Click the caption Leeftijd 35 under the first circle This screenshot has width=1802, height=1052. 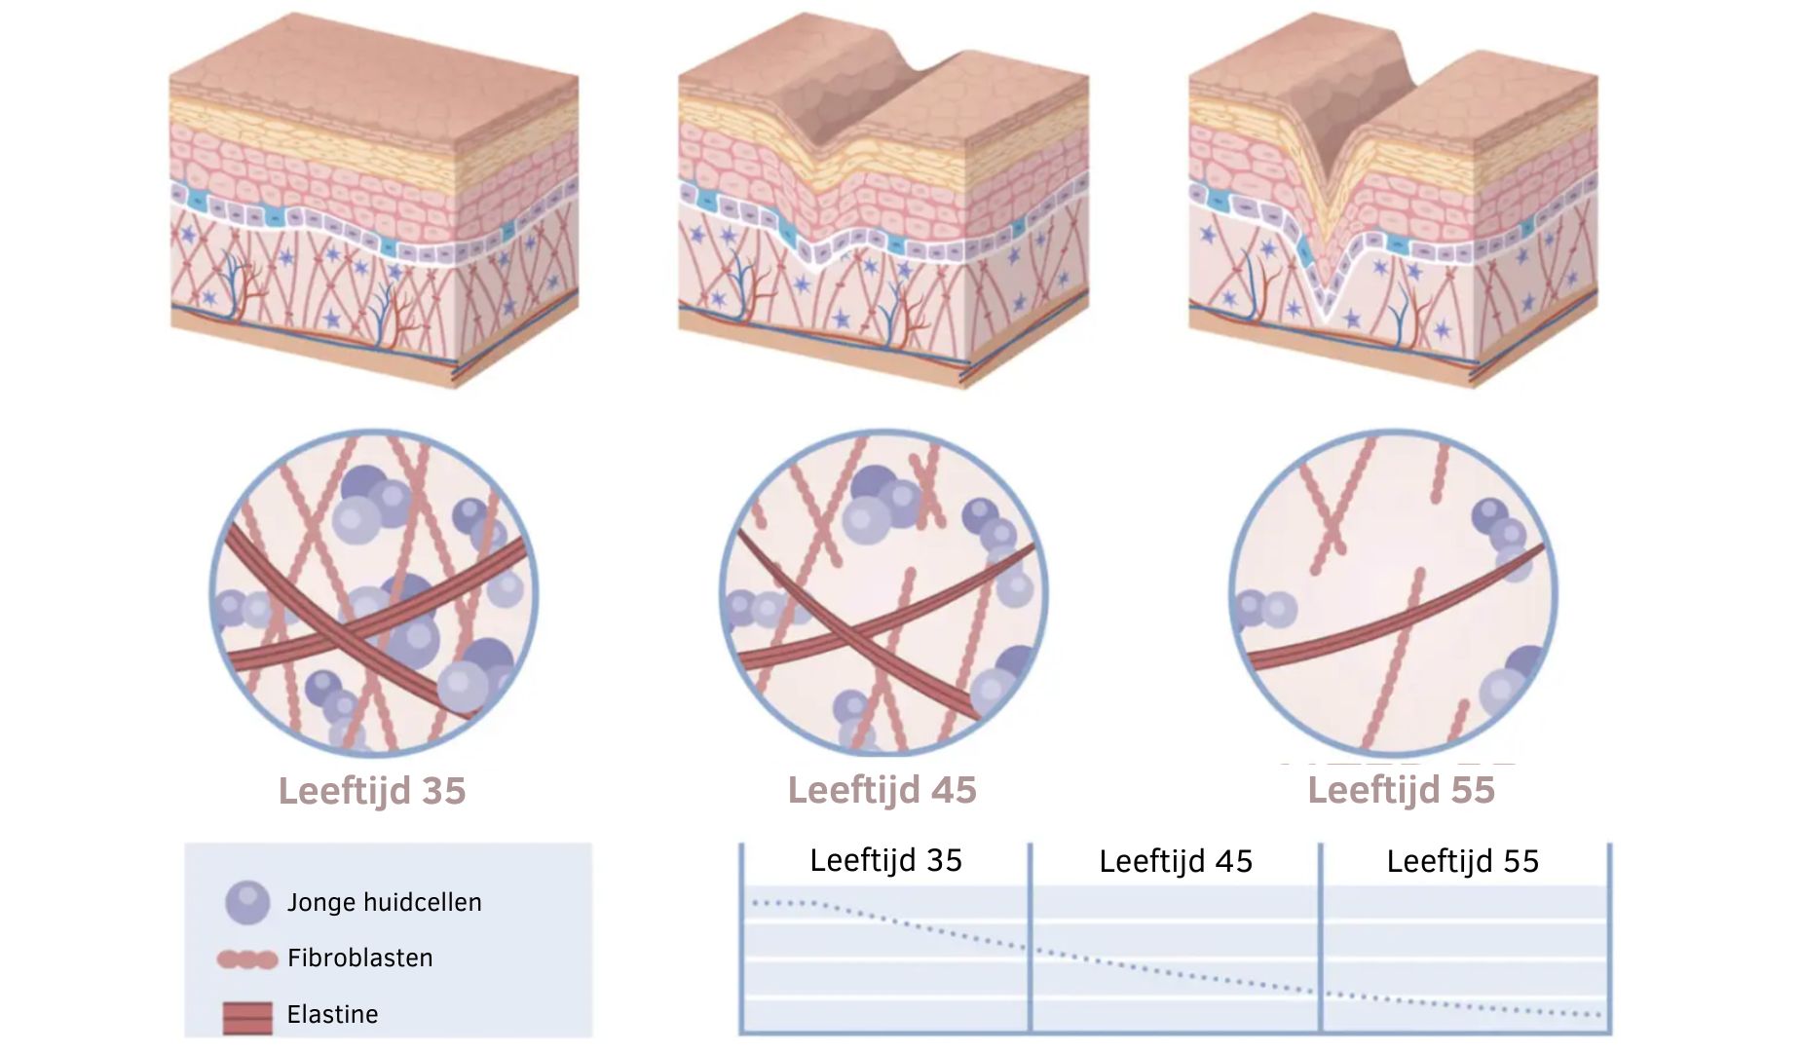pos(372,791)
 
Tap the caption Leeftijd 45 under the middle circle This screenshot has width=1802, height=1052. pos(882,791)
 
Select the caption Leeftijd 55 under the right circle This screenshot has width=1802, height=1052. pos(1401,791)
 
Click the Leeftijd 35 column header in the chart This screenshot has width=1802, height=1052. pos(885,860)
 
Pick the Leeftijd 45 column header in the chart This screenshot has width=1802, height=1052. pos(1176,861)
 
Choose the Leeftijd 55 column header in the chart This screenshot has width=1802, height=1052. pos(1463,861)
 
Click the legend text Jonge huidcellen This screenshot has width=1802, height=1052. pos(385,903)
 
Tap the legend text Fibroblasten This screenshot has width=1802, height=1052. pos(360,958)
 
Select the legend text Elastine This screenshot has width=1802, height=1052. pos(332,1015)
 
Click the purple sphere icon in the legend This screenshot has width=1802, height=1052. pos(247,903)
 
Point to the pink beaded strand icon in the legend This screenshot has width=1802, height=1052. pos(247,960)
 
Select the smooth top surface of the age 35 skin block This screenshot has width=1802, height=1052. pos(375,78)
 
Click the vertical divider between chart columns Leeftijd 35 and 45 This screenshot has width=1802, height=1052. pos(1030,937)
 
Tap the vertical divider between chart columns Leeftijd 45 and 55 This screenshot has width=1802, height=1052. pos(1320,937)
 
